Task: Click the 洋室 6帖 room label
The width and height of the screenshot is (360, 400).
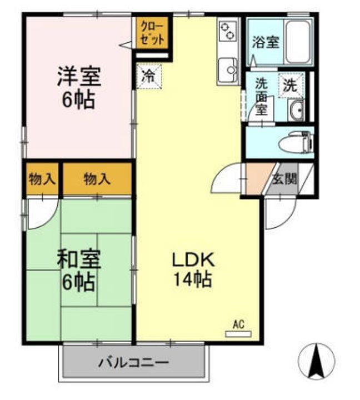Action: [x=78, y=88]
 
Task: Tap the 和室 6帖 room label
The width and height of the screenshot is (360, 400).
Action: [x=78, y=271]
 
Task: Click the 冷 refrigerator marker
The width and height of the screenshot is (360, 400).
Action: [x=148, y=76]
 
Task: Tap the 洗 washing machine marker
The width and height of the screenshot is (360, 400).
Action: [x=291, y=86]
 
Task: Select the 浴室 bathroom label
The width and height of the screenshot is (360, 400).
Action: [x=265, y=42]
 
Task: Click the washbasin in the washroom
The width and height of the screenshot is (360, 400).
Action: [x=297, y=110]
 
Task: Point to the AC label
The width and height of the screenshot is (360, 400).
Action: [x=238, y=324]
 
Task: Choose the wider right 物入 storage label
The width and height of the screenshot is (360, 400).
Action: [x=97, y=179]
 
